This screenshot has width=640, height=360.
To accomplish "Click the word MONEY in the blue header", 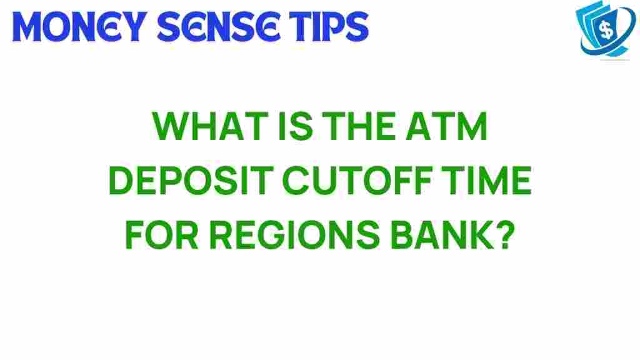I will click(74, 26).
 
